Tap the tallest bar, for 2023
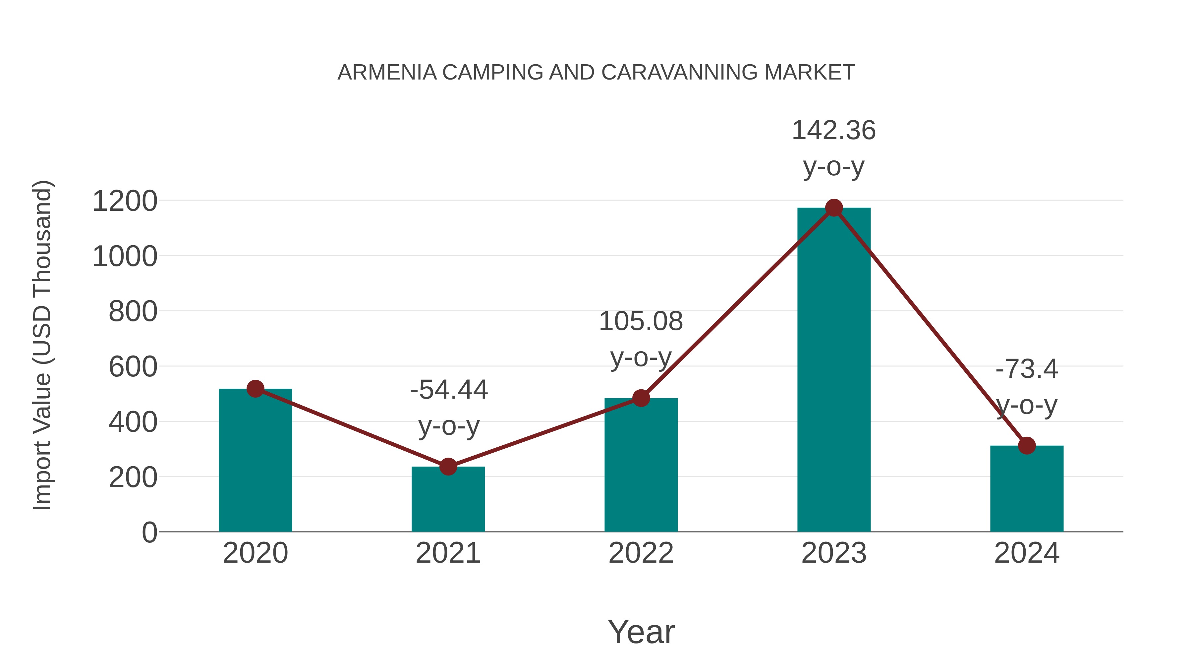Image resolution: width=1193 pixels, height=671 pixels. pos(834,370)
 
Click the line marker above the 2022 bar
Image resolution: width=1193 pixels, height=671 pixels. pos(641,398)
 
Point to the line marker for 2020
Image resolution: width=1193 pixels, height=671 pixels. pos(255,389)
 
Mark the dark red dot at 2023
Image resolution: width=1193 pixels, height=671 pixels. pos(834,208)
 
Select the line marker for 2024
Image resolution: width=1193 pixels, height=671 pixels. pos(1027,445)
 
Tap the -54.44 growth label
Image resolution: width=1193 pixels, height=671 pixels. pos(448,390)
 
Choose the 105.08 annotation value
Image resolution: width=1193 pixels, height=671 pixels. pos(641,321)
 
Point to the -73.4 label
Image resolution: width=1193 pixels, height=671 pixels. pos(1027,369)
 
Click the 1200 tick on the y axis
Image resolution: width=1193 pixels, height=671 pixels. pos(125,201)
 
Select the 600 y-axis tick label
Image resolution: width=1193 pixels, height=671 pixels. pos(133,367)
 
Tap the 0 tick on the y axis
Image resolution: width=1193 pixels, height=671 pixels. pos(149,532)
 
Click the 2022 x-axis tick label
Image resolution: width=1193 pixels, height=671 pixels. pos(641,553)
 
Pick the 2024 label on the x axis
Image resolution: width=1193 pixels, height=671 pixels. pos(1027,553)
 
